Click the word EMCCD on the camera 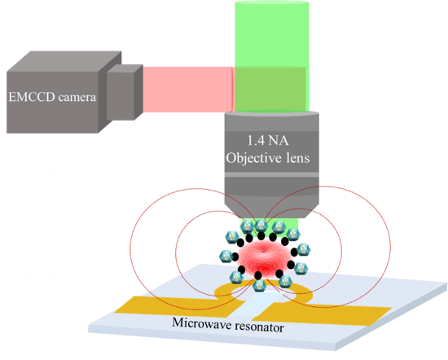[x=32, y=97]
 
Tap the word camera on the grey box [x=77, y=98]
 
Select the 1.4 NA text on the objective [x=268, y=141]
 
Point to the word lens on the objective [x=298, y=158]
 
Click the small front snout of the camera [x=125, y=92]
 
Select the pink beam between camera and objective [x=189, y=89]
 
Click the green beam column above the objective [x=272, y=56]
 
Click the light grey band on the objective [x=272, y=174]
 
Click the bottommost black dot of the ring [x=258, y=275]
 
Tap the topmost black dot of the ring [x=261, y=236]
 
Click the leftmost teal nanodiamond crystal [x=226, y=256]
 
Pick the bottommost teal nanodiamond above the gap [x=260, y=285]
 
